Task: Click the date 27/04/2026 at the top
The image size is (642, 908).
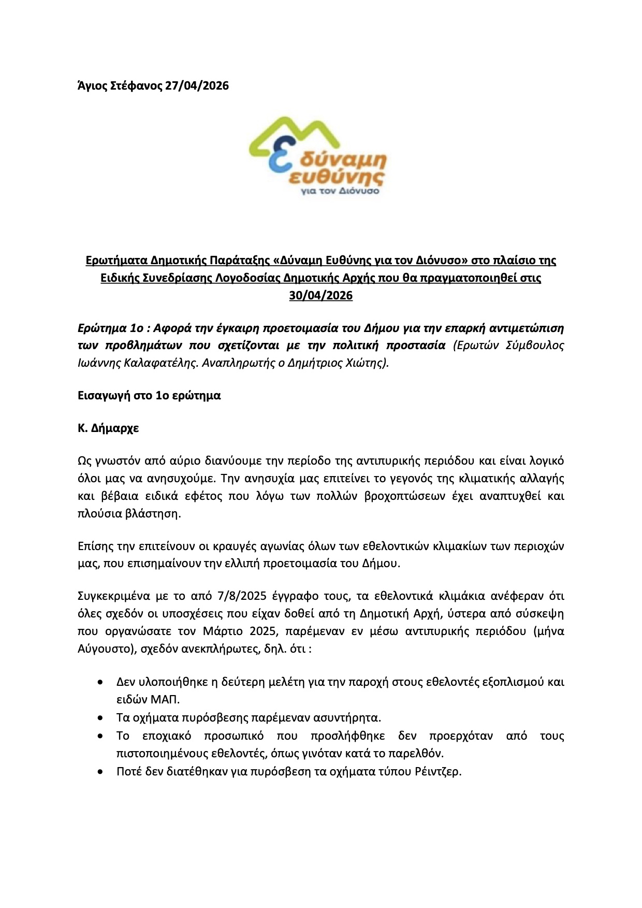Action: pyautogui.click(x=197, y=86)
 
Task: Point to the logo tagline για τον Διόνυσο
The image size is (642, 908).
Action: pyautogui.click(x=340, y=191)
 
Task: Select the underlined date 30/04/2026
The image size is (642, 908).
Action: pyautogui.click(x=321, y=296)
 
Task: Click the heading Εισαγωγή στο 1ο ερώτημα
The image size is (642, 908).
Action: pyautogui.click(x=149, y=396)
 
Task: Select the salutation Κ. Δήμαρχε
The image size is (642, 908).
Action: pyautogui.click(x=108, y=429)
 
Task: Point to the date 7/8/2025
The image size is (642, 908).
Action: pyautogui.click(x=242, y=596)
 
